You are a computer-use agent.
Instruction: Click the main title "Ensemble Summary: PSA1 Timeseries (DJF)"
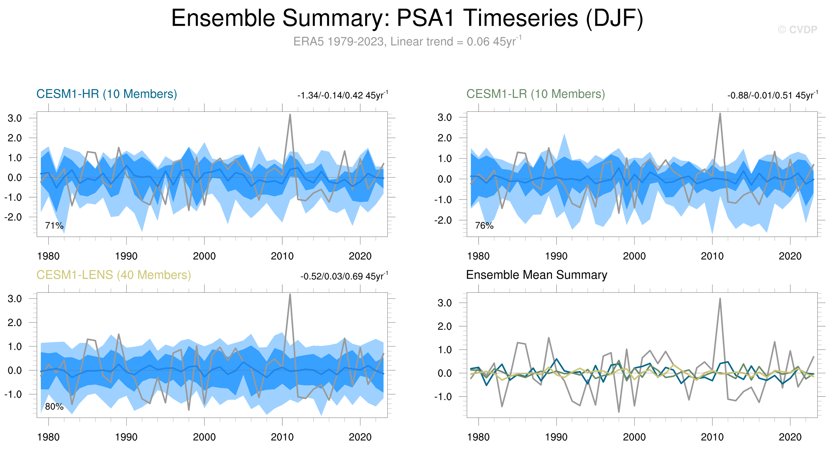click(x=407, y=18)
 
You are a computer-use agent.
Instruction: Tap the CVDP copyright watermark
click(x=797, y=30)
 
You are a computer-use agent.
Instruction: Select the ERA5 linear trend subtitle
click(x=407, y=42)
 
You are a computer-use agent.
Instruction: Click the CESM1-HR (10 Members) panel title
click(x=107, y=94)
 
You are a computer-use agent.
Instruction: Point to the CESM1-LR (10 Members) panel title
click(x=535, y=94)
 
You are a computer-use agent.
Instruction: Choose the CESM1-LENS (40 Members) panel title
click(x=113, y=275)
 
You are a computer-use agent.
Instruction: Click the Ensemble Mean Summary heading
click(x=536, y=275)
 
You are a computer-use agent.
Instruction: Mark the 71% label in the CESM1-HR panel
click(x=54, y=226)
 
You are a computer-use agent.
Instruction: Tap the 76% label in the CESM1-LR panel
click(x=484, y=226)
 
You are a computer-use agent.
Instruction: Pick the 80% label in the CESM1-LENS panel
click(x=54, y=406)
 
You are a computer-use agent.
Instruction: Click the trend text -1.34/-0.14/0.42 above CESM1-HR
click(x=342, y=95)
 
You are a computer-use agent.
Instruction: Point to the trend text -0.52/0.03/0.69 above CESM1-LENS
click(x=344, y=276)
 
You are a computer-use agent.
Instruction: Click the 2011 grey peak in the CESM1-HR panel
click(x=290, y=115)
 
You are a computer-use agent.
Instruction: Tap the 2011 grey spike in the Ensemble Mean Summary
click(x=720, y=299)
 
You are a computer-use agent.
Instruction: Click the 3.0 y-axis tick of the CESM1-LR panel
click(x=445, y=117)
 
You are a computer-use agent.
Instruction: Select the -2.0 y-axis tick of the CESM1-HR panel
click(x=13, y=217)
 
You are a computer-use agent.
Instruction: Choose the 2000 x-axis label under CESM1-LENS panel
click(x=204, y=437)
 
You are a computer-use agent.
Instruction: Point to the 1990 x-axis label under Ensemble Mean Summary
click(x=556, y=437)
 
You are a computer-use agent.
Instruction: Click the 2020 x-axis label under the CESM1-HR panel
click(x=360, y=256)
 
